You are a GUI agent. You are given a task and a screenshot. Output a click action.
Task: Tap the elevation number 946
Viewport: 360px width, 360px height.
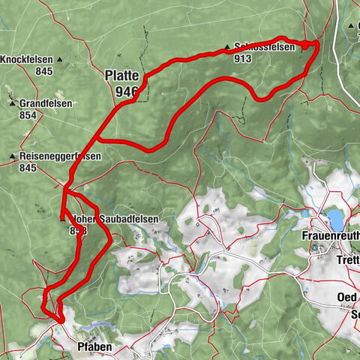(126, 91)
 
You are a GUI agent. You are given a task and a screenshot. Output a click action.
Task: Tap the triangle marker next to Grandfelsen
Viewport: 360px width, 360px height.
(11, 104)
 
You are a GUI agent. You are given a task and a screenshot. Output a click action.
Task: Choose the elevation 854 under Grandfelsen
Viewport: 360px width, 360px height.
(28, 115)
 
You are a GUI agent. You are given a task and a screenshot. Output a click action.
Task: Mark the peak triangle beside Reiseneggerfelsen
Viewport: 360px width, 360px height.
(13, 157)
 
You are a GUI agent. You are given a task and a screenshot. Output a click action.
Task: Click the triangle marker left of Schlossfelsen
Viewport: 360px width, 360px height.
(228, 46)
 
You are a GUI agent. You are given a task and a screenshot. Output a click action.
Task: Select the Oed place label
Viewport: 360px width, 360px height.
(346, 298)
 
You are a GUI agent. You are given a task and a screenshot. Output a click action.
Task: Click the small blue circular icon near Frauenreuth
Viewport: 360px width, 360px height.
(316, 247)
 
